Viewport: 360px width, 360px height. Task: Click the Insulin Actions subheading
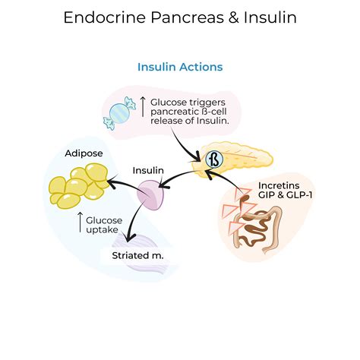pyautogui.click(x=180, y=67)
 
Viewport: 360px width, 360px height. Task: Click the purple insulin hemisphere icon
pyautogui.click(x=151, y=195)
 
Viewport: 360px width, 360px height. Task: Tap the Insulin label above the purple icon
pyautogui.click(x=148, y=170)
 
